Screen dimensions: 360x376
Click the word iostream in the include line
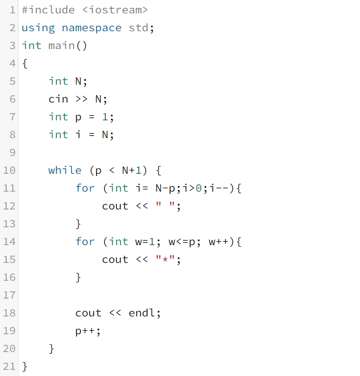click(x=115, y=10)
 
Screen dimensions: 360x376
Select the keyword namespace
click(x=91, y=28)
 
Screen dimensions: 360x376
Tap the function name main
click(x=61, y=46)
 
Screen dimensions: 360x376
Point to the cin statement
click(x=77, y=99)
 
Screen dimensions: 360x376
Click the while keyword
click(x=65, y=170)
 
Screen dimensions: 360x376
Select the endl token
click(x=142, y=312)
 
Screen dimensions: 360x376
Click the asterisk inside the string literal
click(x=165, y=259)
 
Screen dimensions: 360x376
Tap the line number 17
click(x=9, y=295)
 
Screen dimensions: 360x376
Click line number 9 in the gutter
click(x=12, y=153)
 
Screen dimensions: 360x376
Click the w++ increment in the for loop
click(x=218, y=241)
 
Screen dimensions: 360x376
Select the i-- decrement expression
click(x=219, y=188)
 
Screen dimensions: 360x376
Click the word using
click(x=38, y=28)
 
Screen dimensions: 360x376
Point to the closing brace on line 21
click(x=25, y=367)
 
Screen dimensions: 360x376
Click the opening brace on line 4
click(x=25, y=64)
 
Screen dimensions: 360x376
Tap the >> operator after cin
click(x=81, y=99)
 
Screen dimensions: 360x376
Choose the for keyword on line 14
click(x=85, y=241)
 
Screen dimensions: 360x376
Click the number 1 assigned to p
click(x=105, y=117)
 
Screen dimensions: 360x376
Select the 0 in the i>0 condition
click(x=198, y=188)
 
